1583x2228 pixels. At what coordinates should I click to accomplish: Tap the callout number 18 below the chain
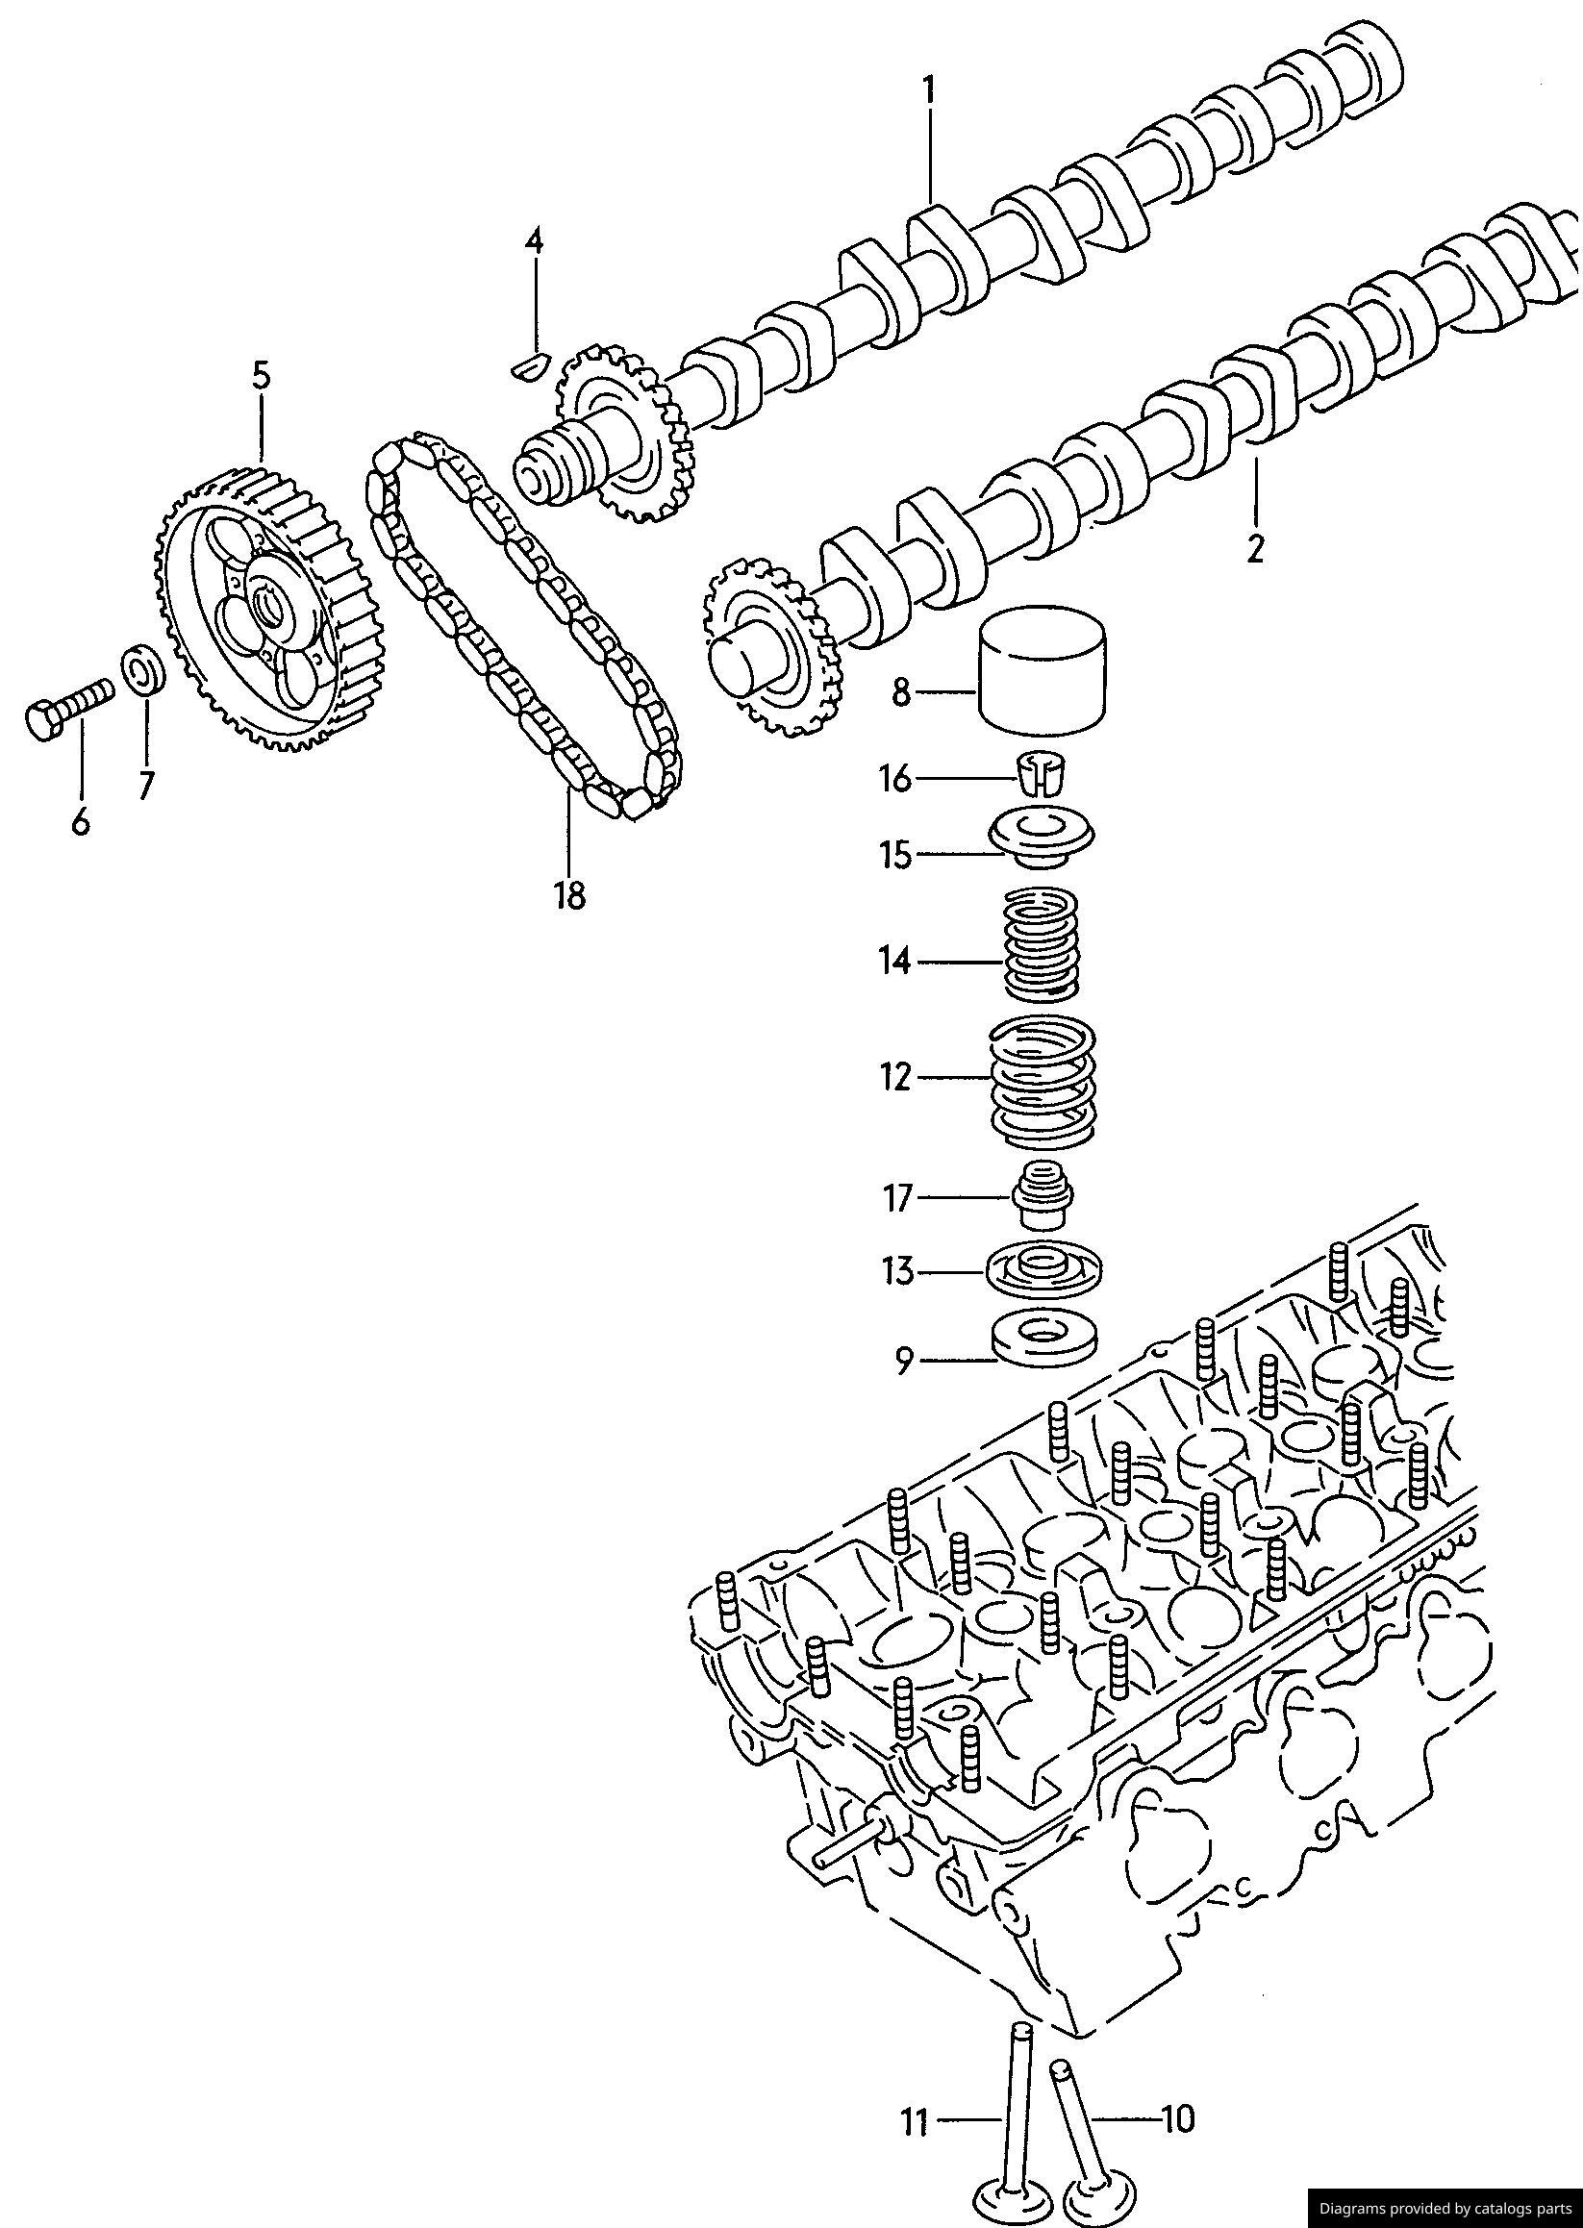(569, 893)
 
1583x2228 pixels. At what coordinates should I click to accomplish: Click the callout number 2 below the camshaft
(1254, 548)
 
